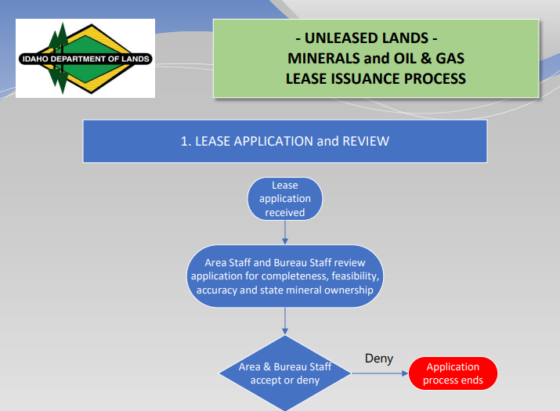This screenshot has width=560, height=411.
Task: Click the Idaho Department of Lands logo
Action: [x=85, y=58]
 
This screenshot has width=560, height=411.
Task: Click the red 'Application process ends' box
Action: [x=453, y=373]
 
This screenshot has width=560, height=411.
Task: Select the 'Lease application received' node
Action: [x=285, y=199]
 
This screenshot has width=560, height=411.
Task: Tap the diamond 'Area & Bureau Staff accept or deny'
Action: [x=285, y=373]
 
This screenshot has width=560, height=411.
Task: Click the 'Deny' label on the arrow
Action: [x=379, y=359]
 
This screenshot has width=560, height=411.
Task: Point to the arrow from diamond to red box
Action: [x=379, y=374]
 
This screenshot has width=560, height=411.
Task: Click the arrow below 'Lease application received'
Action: [x=285, y=233]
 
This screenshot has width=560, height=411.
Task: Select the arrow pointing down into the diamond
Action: [x=285, y=321]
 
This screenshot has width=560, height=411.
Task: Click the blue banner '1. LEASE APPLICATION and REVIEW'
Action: [x=285, y=142]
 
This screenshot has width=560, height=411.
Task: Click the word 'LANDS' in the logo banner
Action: [x=135, y=59]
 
